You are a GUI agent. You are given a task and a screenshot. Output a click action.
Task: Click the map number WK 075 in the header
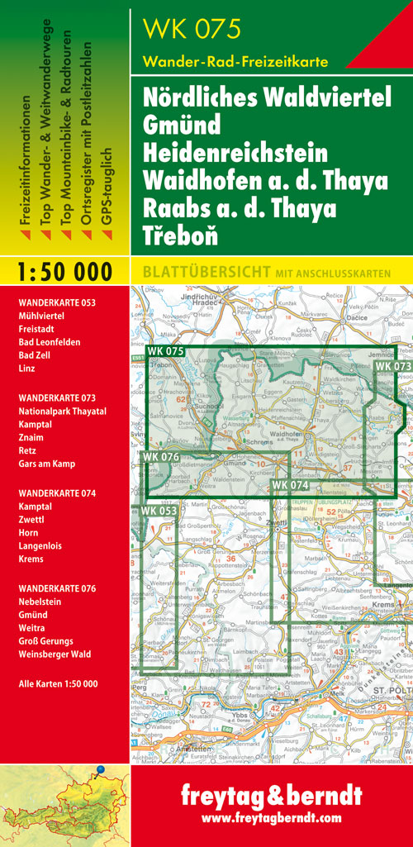point(192,30)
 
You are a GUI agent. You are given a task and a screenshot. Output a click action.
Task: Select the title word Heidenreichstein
point(235,154)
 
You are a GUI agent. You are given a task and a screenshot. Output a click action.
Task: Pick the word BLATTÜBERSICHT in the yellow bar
point(198,271)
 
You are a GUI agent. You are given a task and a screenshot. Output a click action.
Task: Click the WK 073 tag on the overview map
point(392,366)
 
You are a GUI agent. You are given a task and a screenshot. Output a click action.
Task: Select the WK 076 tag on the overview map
point(160,457)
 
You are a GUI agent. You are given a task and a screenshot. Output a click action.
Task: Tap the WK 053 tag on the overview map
point(158,511)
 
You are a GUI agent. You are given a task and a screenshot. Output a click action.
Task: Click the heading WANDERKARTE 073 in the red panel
point(57,397)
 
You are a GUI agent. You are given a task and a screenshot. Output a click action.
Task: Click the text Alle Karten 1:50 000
point(58,683)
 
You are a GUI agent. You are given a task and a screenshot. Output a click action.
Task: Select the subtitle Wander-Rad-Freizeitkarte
point(235,61)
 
